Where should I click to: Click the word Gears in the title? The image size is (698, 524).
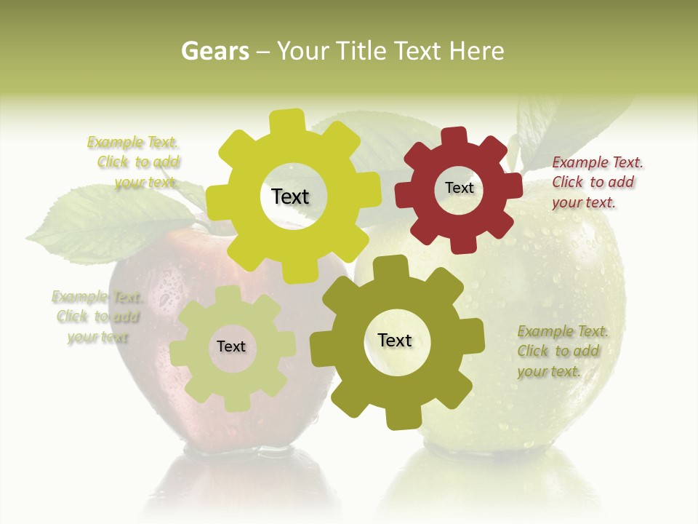[x=215, y=51]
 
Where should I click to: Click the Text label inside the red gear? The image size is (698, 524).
[x=459, y=188]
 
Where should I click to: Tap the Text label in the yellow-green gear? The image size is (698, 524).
[x=290, y=196]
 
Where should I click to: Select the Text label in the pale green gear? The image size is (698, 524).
[x=231, y=346]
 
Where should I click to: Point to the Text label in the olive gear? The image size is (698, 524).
[x=395, y=340]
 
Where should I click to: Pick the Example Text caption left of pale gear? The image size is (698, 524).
[x=97, y=317]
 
